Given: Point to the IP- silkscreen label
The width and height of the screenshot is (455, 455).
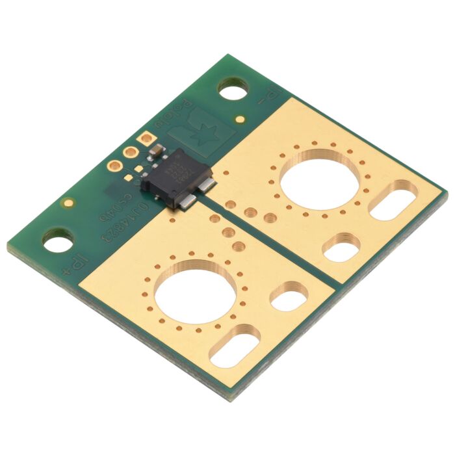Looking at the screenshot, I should click(266, 98).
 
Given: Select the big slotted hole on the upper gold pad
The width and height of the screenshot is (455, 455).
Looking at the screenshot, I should click(393, 200).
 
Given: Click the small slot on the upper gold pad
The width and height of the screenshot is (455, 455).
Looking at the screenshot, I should click(341, 247).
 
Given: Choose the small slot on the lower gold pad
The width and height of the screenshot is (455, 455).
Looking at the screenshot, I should click(289, 296).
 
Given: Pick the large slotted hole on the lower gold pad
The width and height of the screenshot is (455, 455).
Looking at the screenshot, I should click(235, 346).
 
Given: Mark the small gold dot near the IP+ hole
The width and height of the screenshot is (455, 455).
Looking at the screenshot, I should click(68, 203).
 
